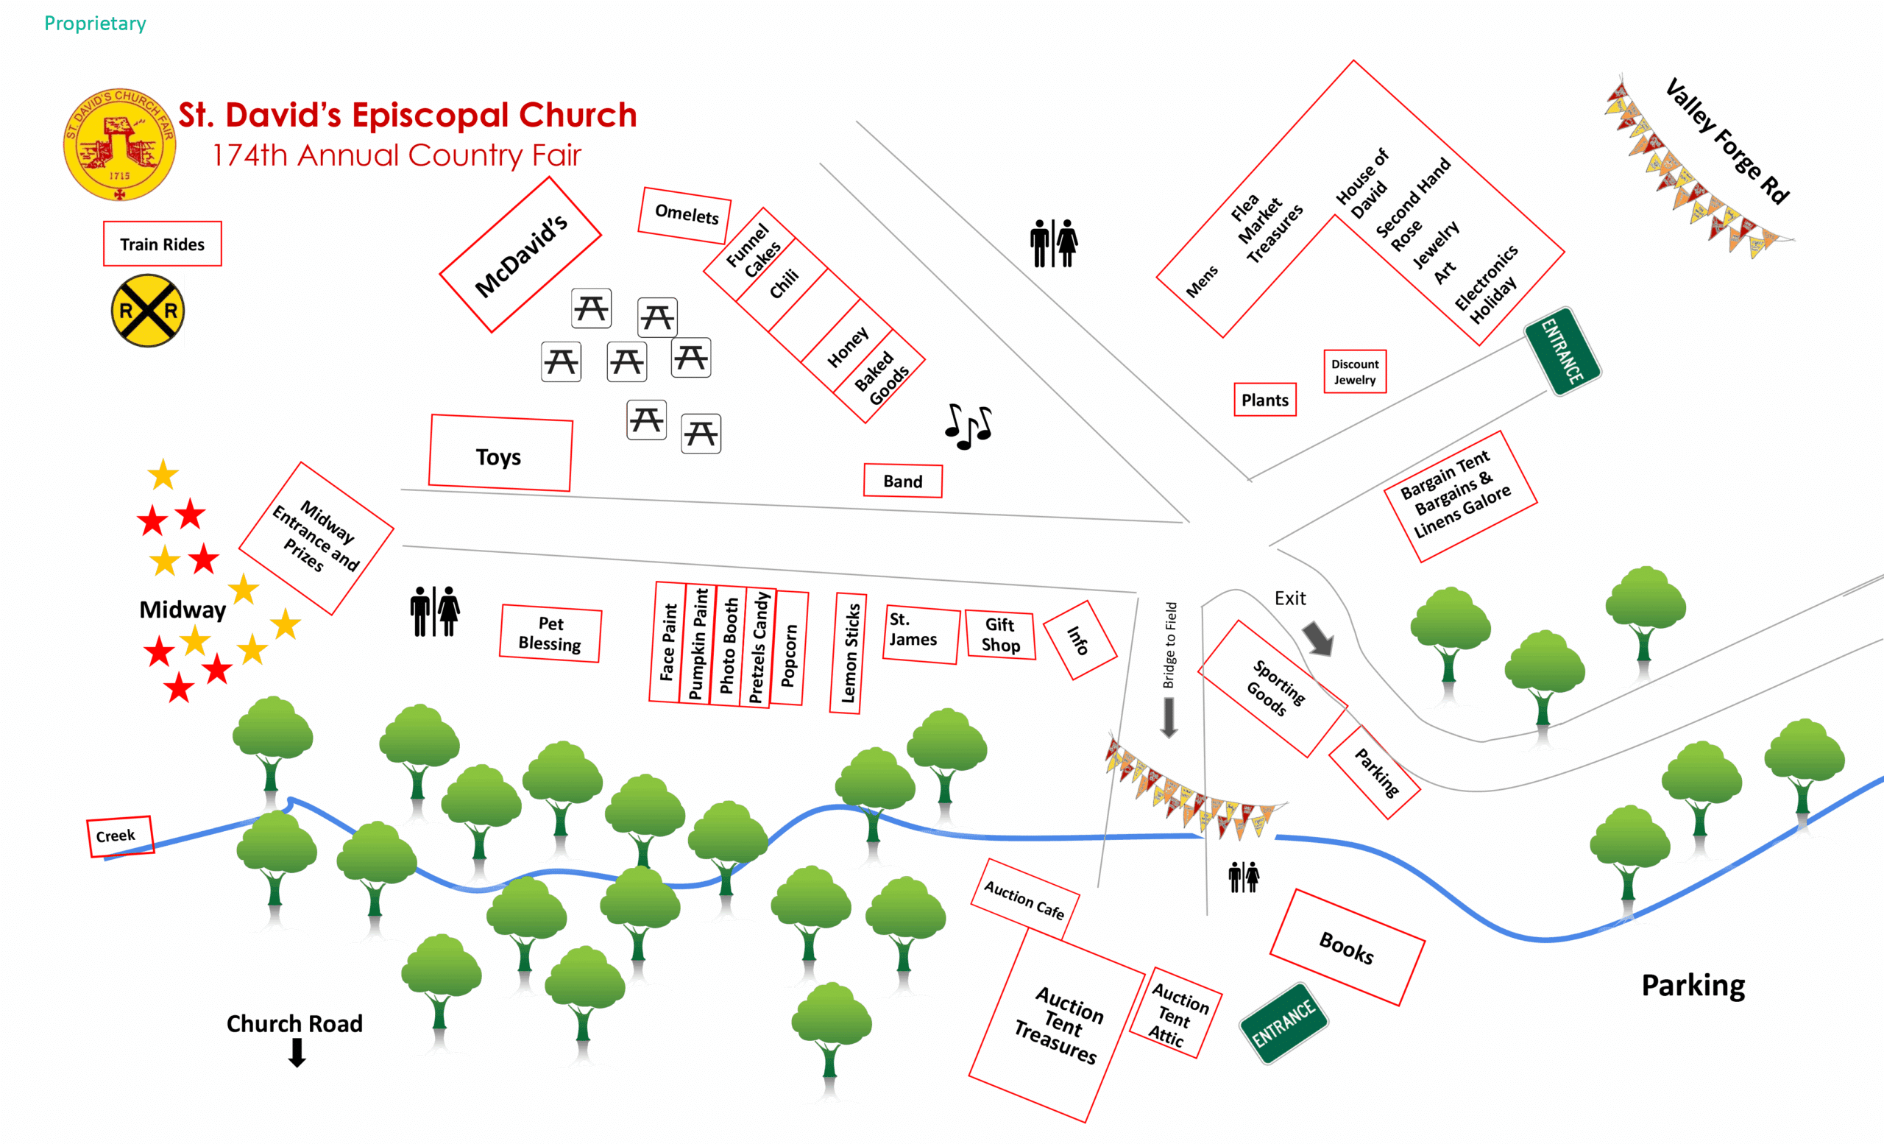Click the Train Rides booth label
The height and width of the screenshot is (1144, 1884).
(162, 244)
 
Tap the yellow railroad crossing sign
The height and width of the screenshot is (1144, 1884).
(148, 311)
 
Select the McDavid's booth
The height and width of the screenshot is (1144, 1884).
(521, 255)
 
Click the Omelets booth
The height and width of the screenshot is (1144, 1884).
(685, 214)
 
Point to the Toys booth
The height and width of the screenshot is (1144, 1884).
(500, 453)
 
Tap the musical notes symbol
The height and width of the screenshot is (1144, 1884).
(968, 426)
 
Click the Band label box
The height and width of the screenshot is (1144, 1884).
(902, 481)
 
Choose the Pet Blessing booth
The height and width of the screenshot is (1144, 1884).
(550, 633)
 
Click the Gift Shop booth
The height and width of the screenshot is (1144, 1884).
(1000, 635)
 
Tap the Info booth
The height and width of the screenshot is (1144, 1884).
(1079, 640)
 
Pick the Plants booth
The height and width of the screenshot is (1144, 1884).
(1264, 400)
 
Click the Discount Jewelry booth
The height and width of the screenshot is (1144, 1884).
(1354, 372)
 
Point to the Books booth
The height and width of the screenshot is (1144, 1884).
(1347, 947)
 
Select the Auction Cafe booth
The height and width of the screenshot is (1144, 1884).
(1024, 899)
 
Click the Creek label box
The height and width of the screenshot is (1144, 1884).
(119, 836)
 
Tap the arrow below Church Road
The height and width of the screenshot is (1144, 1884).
(297, 1052)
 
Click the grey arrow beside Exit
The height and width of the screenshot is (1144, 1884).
(1318, 638)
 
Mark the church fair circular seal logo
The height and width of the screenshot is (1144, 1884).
(119, 144)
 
